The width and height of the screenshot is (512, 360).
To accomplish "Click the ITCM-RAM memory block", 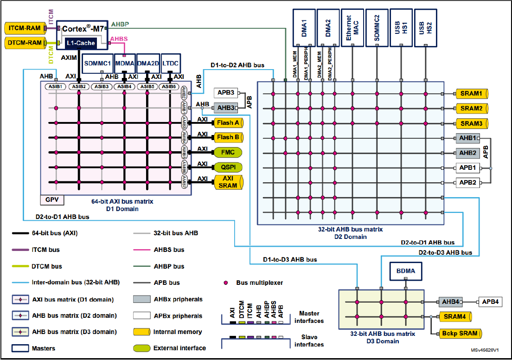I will point(25,28).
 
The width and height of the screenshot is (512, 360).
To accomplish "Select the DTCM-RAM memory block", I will point(25,43).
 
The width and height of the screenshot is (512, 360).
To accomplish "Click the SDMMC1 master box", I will point(97,63).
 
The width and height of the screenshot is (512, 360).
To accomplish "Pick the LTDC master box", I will point(171,63).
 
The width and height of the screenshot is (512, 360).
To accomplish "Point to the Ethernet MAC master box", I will point(352,27).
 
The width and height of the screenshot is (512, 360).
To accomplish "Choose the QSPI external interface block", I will point(228,167).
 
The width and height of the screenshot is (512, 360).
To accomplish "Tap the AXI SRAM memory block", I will point(228,182).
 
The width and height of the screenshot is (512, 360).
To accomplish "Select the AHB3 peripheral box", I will point(226,108).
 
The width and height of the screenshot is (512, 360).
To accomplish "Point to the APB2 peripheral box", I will point(467,183).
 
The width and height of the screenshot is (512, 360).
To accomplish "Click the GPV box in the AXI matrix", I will point(51,200).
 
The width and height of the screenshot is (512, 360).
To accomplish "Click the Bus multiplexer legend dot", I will point(226,283).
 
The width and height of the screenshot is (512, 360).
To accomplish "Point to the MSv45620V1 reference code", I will point(485,352).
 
